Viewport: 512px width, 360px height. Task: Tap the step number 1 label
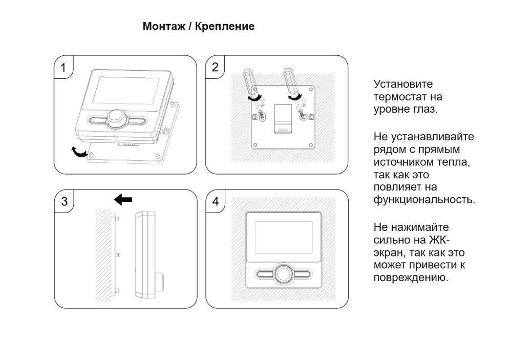(x=63, y=68)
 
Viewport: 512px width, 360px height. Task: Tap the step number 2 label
(x=215, y=67)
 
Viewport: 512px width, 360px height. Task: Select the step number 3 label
(x=64, y=201)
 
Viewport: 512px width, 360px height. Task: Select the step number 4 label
(x=216, y=201)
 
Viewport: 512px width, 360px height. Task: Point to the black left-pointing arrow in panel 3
(x=123, y=199)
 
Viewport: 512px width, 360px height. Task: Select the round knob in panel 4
(x=283, y=274)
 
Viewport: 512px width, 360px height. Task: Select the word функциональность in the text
(x=424, y=200)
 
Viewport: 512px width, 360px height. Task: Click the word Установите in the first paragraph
(x=403, y=84)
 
